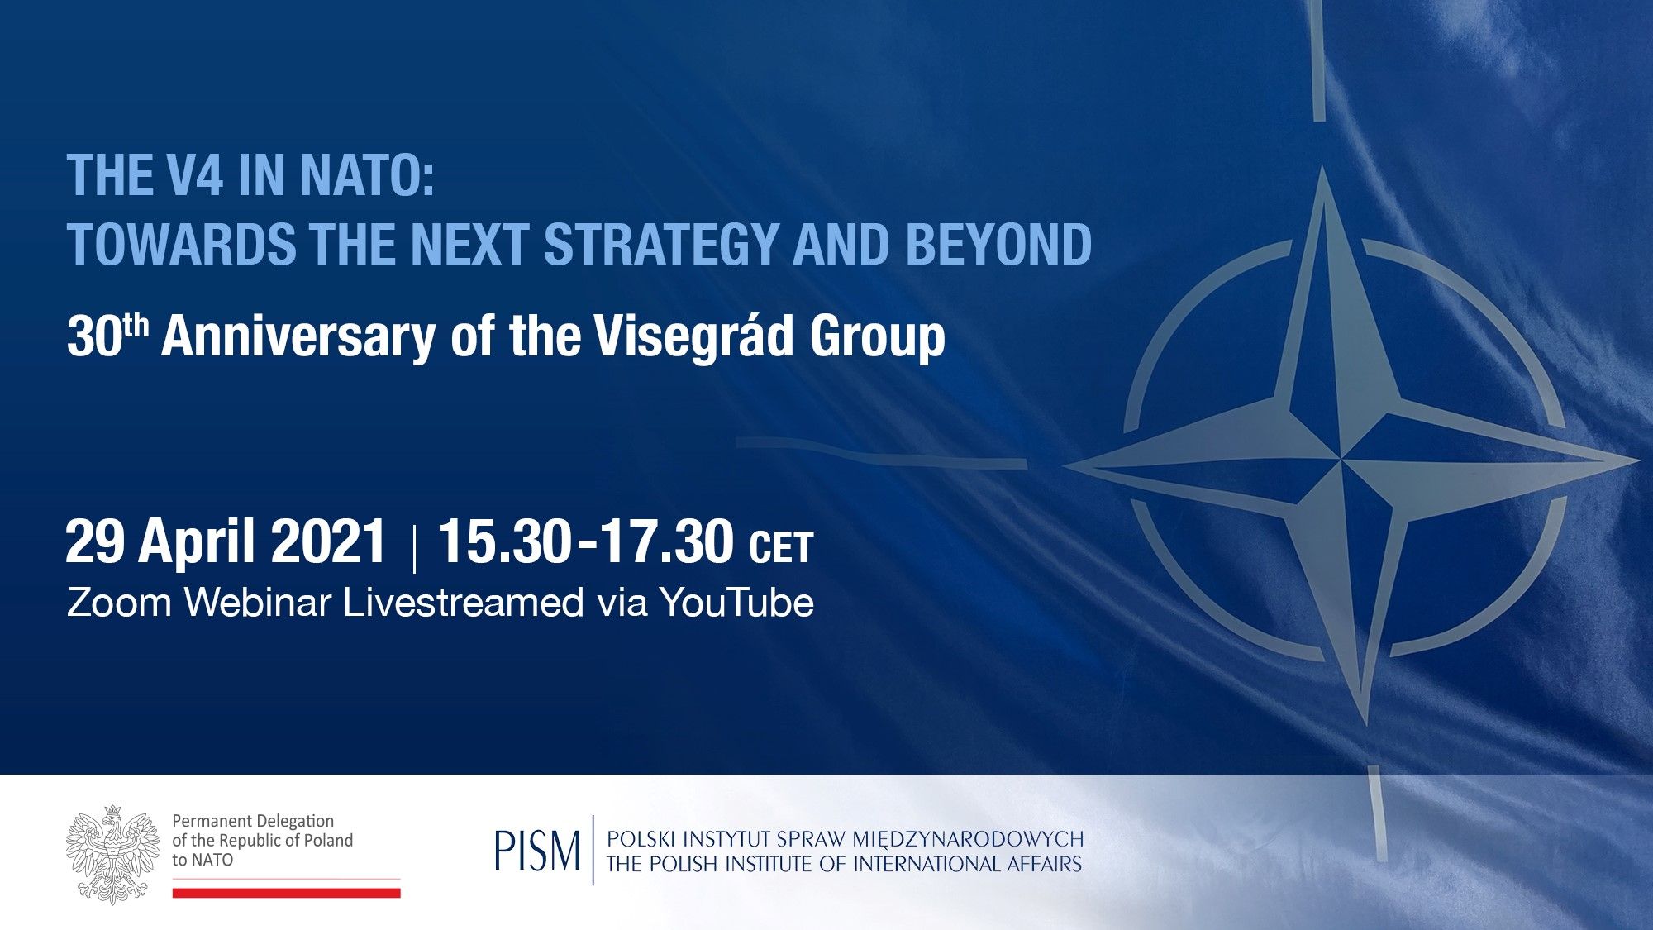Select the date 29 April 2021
click(226, 542)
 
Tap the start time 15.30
click(504, 542)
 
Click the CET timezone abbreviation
click(781, 548)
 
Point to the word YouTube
click(736, 602)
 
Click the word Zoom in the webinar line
click(120, 602)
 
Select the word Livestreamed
click(464, 602)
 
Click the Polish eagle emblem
click(113, 853)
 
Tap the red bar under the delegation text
click(287, 893)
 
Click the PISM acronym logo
click(538, 850)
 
